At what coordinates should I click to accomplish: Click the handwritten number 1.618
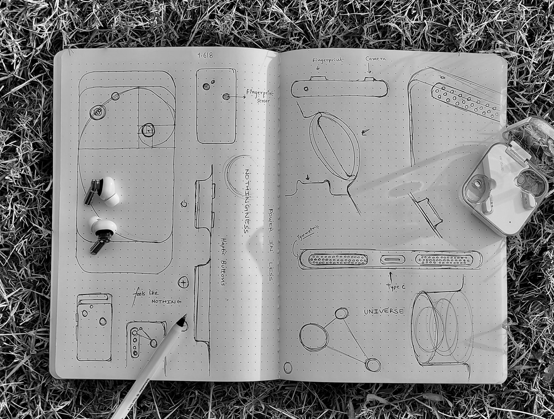[205, 55]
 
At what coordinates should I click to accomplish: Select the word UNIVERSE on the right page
[384, 311]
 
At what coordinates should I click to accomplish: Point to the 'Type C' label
[396, 287]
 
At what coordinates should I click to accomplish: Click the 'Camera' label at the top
[376, 59]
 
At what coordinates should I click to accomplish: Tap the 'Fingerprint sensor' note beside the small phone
[257, 96]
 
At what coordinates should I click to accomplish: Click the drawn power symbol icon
[184, 204]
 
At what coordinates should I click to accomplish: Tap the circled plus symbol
[183, 282]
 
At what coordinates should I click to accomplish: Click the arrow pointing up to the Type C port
[391, 276]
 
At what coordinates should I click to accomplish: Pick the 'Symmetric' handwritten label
[308, 234]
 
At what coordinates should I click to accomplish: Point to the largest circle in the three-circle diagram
[314, 337]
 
